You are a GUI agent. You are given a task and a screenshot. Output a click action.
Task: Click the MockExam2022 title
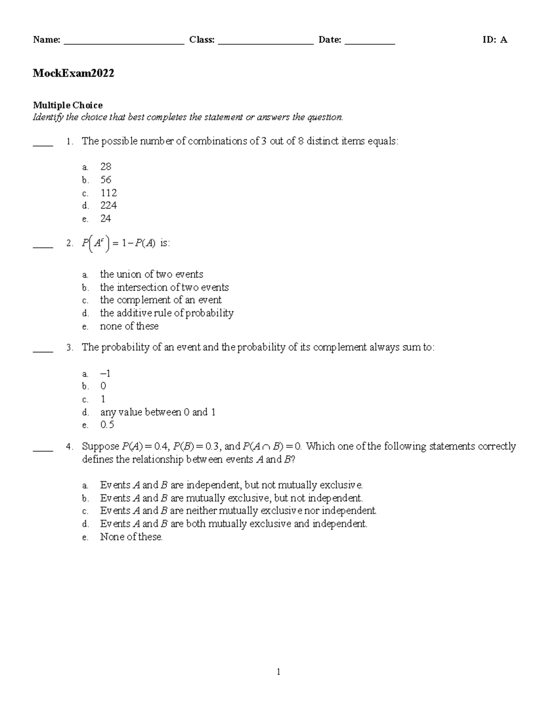click(73, 73)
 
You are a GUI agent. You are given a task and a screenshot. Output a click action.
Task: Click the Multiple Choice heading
click(67, 105)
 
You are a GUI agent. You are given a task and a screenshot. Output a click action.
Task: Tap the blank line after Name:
click(124, 41)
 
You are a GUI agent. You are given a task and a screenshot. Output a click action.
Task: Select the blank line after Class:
click(266, 41)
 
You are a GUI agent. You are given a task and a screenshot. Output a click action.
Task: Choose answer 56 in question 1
click(106, 180)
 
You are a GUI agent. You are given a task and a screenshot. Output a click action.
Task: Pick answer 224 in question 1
click(108, 205)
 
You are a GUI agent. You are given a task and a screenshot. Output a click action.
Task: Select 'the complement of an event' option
click(160, 300)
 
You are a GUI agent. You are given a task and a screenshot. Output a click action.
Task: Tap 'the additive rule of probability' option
click(166, 313)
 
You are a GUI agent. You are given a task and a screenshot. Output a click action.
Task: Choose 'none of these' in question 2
click(129, 326)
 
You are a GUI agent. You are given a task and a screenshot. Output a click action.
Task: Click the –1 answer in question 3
click(105, 373)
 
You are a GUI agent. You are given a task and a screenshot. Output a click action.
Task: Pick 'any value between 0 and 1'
click(158, 412)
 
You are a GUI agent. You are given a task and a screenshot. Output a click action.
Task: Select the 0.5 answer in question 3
click(107, 425)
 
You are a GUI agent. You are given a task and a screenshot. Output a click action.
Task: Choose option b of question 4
click(231, 498)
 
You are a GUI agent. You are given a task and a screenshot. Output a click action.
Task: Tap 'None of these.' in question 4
click(131, 537)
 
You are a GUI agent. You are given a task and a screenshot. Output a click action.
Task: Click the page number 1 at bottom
click(279, 671)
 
